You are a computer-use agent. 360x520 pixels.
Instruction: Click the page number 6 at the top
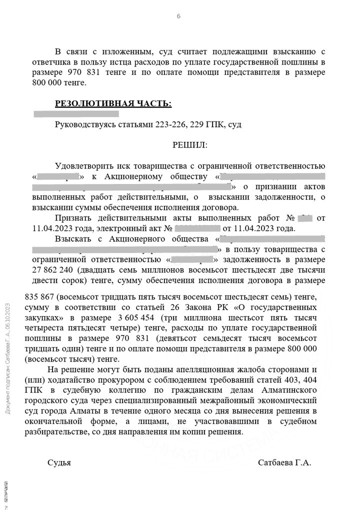(x=178, y=16)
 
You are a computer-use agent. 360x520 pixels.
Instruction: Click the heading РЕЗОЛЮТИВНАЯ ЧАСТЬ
(x=113, y=103)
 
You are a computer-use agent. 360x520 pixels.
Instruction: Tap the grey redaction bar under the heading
(x=75, y=114)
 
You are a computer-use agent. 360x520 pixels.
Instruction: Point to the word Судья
(x=59, y=462)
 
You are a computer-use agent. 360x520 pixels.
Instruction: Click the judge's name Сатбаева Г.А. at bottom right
(x=284, y=462)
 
